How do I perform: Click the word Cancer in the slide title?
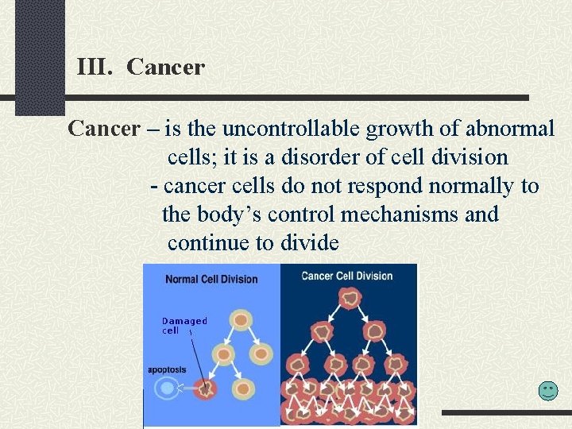coord(165,67)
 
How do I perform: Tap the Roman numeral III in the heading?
coord(95,67)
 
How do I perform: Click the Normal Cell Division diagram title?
coord(211,279)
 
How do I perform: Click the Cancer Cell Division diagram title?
coord(347,276)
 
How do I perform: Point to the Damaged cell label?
coord(184,326)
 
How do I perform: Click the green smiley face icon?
coord(548,390)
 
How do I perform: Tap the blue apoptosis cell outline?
coord(167,388)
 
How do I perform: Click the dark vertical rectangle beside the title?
coord(40,56)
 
